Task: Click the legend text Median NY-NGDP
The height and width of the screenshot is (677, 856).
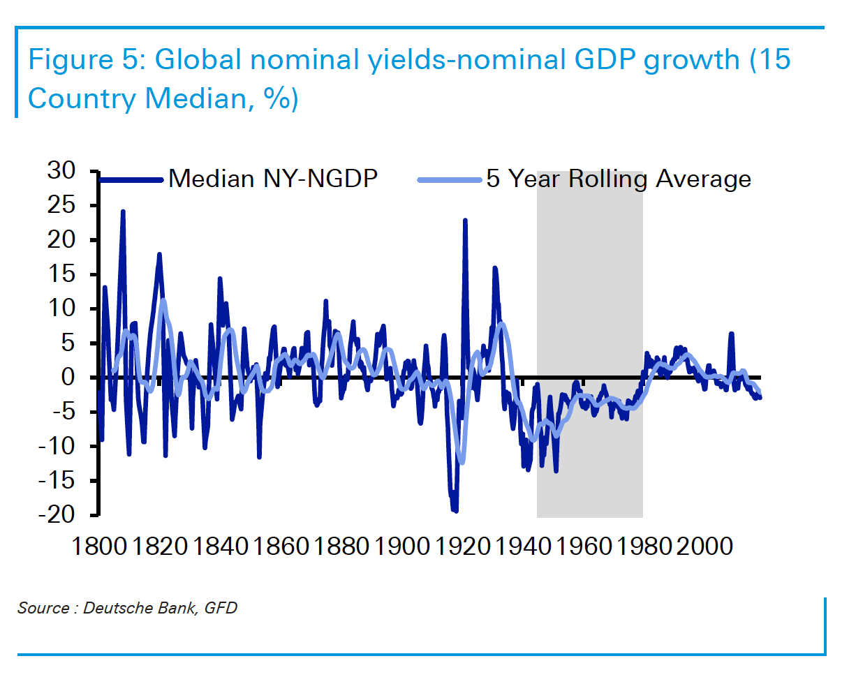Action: coord(273,179)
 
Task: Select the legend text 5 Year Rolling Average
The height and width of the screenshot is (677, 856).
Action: coord(619,179)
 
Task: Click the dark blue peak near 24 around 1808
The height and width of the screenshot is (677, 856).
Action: coord(123,211)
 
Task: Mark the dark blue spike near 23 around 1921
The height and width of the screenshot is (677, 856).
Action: coord(465,221)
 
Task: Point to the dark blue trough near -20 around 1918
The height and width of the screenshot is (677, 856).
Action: coord(455,511)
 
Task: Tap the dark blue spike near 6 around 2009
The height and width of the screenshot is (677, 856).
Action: coord(731,334)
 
